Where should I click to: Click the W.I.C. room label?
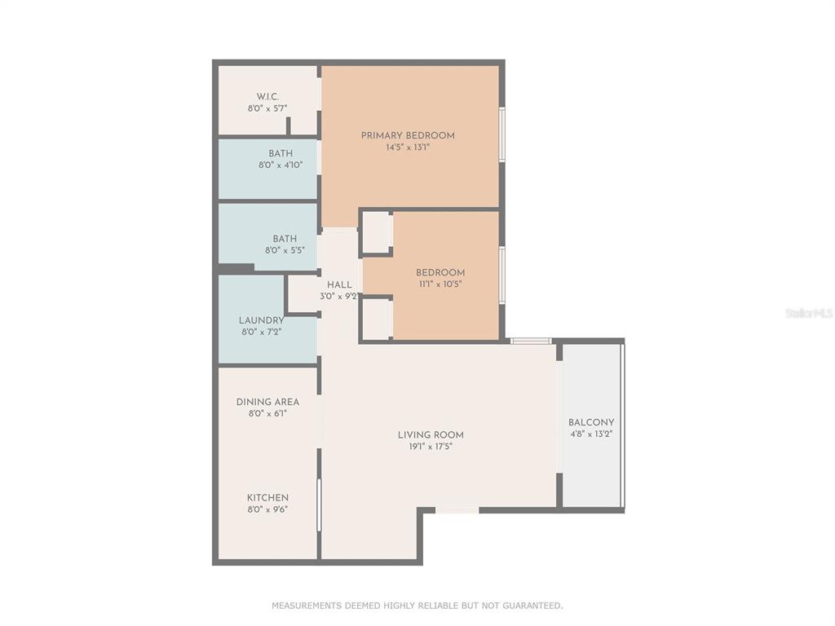[267, 96]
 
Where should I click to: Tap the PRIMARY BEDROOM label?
[408, 136]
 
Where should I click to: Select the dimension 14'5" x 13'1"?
[408, 148]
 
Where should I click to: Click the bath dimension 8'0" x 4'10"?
[281, 165]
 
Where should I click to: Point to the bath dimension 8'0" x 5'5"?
[285, 250]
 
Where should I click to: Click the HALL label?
[339, 284]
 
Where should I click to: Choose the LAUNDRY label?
[262, 320]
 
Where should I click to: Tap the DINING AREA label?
[267, 402]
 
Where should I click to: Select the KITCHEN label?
[267, 498]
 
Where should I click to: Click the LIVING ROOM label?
[431, 435]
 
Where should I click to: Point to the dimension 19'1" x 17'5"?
[431, 447]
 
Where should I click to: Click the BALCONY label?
[591, 422]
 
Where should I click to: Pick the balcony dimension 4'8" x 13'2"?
[591, 434]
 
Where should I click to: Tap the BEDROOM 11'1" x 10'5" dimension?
[440, 284]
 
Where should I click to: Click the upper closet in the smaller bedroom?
[378, 232]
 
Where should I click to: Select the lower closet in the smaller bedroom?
[378, 319]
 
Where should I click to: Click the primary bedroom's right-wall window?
[501, 134]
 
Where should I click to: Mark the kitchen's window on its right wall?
[320, 505]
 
